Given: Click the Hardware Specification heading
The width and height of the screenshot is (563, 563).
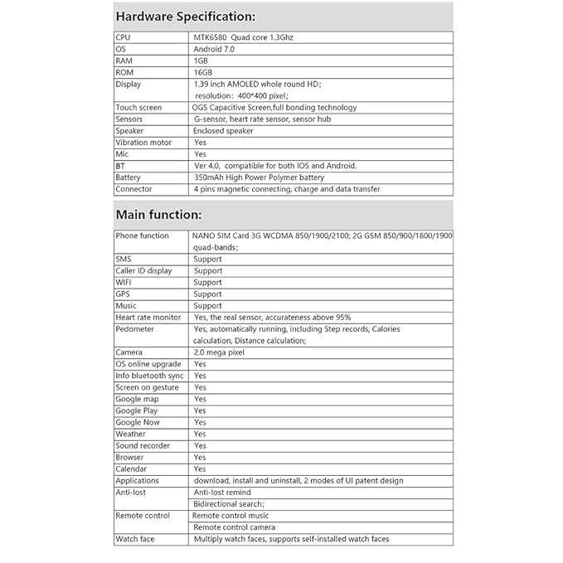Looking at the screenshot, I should [x=185, y=17].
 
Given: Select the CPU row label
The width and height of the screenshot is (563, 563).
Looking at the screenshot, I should [x=123, y=37].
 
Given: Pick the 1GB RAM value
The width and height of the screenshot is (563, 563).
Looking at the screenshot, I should [x=201, y=61].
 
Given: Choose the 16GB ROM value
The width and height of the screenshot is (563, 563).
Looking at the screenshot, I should [x=203, y=72].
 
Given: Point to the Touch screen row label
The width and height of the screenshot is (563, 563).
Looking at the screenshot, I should [x=138, y=107].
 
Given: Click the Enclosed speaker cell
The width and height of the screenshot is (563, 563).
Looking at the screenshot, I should [x=223, y=130].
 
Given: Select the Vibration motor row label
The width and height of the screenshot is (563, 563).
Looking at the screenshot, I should [x=143, y=142].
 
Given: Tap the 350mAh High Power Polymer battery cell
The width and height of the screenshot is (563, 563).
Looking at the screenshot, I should [x=259, y=177].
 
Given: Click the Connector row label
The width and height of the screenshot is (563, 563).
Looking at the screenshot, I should [x=134, y=189].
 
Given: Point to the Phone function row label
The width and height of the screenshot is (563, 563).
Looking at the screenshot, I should [x=142, y=235].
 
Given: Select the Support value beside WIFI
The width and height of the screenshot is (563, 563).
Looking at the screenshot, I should [x=207, y=282].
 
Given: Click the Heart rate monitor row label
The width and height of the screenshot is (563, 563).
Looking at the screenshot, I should [x=148, y=317].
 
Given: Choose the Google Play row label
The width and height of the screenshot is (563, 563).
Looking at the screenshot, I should [x=137, y=410].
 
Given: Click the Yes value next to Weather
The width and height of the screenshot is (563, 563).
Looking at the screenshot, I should [x=200, y=434].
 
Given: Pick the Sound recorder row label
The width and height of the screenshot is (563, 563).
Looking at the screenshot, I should [x=143, y=445].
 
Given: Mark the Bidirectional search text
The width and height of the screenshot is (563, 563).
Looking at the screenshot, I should [x=229, y=503].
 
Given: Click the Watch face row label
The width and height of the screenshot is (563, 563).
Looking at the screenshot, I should [x=134, y=539].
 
